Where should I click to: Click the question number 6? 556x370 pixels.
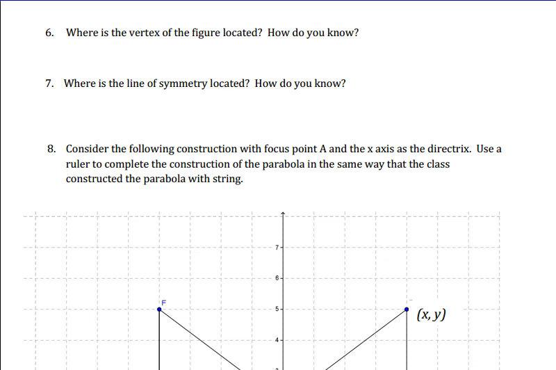(49, 33)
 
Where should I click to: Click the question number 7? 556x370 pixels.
(49, 83)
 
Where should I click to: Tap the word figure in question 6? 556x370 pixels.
(204, 33)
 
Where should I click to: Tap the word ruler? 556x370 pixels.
(79, 164)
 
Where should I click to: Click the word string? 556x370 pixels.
(227, 179)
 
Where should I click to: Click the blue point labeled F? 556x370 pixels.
(160, 309)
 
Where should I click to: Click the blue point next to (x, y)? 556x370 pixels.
(407, 309)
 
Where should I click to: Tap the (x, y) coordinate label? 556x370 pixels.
(431, 314)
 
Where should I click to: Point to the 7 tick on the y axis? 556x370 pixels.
(277, 248)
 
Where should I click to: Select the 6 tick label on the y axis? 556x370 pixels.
(277, 278)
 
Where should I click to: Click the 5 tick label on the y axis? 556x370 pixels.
(277, 309)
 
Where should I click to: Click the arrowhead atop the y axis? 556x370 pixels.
(283, 213)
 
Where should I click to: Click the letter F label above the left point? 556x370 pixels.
(164, 302)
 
